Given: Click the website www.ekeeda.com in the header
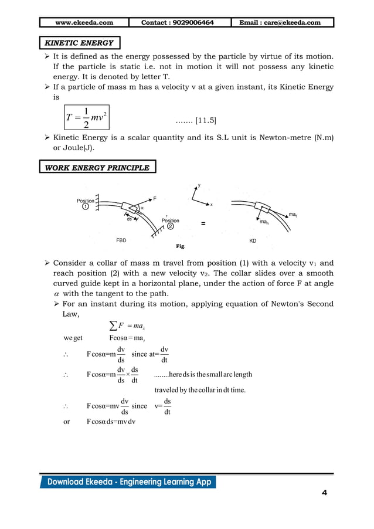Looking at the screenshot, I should tap(84, 22).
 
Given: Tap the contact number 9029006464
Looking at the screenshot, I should tap(178, 22).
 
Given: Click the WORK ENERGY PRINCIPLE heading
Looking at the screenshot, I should tap(97, 168).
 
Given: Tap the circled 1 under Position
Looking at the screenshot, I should tap(86, 207).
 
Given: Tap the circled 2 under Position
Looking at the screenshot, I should tap(170, 226).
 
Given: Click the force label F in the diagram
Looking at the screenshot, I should tap(155, 199).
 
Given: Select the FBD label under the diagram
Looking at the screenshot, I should tap(121, 240).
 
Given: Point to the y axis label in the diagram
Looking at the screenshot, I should tap(199, 185).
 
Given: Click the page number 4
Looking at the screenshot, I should tap(324, 492).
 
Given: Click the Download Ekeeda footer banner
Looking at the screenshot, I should tap(128, 482).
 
